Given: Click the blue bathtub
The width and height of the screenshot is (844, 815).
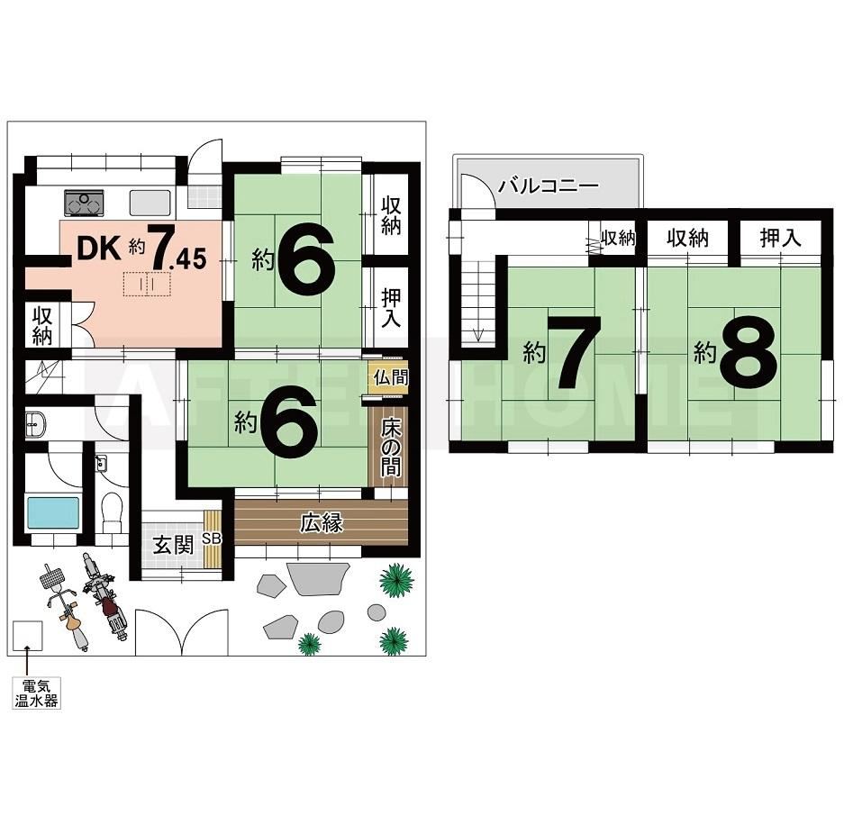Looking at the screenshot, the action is point(53,512).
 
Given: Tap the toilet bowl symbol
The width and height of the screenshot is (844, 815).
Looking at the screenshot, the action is point(113,507).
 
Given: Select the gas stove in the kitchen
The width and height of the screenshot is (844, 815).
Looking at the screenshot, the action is point(84,203).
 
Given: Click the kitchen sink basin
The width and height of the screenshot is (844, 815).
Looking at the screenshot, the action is point(150,203).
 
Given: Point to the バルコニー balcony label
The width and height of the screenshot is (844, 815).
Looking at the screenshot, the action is point(548,186).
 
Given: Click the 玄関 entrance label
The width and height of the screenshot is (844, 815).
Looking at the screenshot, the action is point(173,546).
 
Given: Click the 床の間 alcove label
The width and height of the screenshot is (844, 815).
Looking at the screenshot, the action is point(391,448).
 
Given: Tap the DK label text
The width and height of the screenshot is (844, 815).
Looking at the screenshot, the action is point(99,249).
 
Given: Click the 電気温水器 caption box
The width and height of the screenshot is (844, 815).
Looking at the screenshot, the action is point(37,693).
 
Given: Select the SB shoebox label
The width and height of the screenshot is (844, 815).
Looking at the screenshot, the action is point(212,538).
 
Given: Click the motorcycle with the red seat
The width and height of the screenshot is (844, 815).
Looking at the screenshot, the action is point(104,596).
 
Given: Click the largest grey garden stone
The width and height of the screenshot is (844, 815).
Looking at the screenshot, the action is point(316,578).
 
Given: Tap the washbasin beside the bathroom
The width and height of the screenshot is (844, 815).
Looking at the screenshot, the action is point(35,423).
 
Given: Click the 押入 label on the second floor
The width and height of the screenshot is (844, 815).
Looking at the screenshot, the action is point(780,238).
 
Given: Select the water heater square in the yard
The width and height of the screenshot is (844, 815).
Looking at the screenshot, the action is point(27,636).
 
